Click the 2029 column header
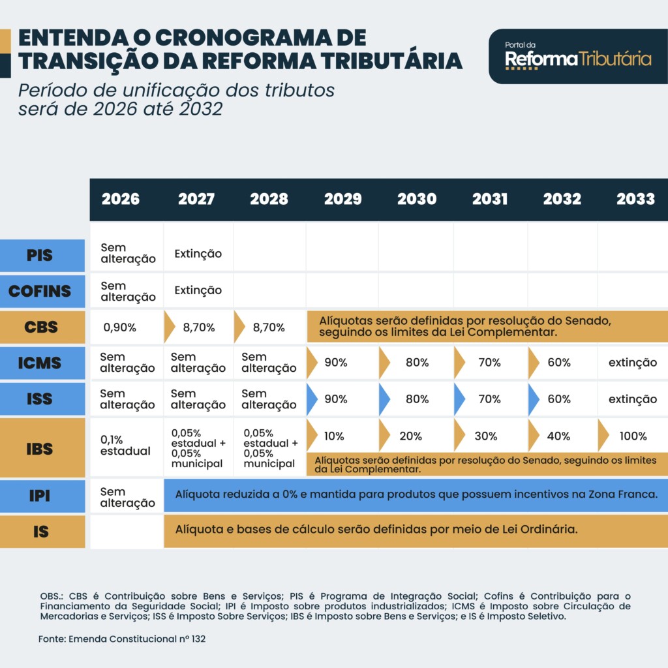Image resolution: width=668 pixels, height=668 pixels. tap(342, 199)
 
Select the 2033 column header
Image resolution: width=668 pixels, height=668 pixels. tap(635, 199)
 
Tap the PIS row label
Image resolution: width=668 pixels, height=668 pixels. tap(40, 256)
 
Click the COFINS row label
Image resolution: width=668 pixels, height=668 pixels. tap(40, 291)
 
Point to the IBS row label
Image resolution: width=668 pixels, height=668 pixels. tap(40, 449)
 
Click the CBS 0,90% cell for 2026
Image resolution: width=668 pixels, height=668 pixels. tap(120, 327)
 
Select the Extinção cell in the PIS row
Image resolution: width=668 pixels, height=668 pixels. tap(198, 254)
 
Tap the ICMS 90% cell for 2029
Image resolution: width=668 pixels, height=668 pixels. tap(335, 363)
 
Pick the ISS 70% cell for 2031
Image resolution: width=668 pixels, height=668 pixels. tap(489, 399)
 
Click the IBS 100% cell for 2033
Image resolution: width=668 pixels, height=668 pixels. tap(633, 436)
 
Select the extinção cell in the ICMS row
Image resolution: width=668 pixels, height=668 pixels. tap(632, 363)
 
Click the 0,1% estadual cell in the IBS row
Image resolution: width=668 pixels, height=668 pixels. tap(125, 445)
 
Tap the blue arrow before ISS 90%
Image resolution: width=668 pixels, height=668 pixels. tap(312, 399)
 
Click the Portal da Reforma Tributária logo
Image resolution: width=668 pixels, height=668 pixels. tap(577, 57)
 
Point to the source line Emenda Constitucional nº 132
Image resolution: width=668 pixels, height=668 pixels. tap(122, 639)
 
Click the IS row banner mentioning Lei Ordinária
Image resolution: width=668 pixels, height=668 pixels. tap(376, 529)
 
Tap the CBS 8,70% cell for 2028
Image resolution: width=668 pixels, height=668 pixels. tap(269, 327)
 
